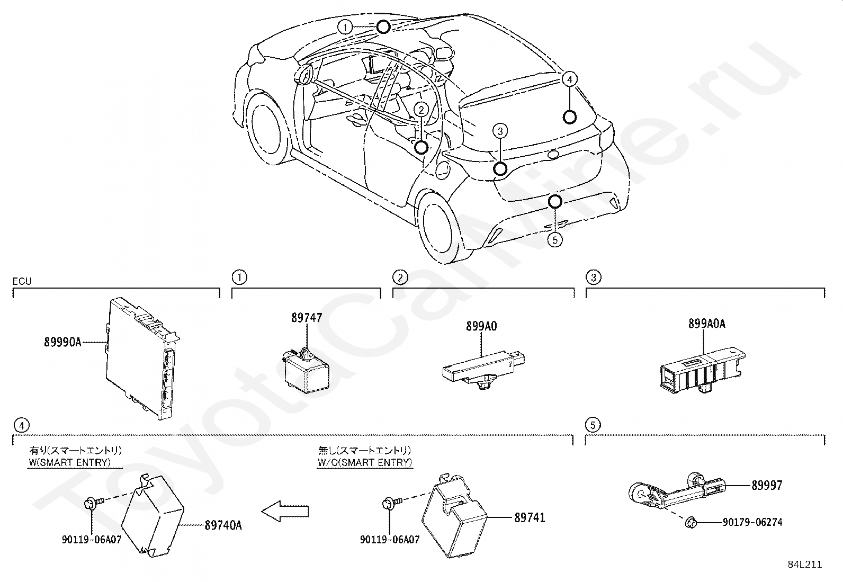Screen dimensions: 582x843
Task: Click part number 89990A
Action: coord(62,342)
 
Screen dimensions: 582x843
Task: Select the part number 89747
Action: coord(306,318)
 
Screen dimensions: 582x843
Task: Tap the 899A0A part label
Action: coord(706,324)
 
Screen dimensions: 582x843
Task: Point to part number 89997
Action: coord(766,485)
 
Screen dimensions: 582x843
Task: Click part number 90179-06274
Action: coord(752,523)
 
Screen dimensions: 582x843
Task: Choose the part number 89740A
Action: coord(223,525)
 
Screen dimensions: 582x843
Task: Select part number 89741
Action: coord(530,517)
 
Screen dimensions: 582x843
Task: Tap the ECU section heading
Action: coord(22,281)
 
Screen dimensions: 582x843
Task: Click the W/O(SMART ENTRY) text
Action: coord(364,462)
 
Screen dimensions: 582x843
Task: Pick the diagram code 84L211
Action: coord(804,565)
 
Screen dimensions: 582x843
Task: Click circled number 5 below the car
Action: coord(554,240)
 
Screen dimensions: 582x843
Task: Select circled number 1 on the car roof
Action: coord(345,26)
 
